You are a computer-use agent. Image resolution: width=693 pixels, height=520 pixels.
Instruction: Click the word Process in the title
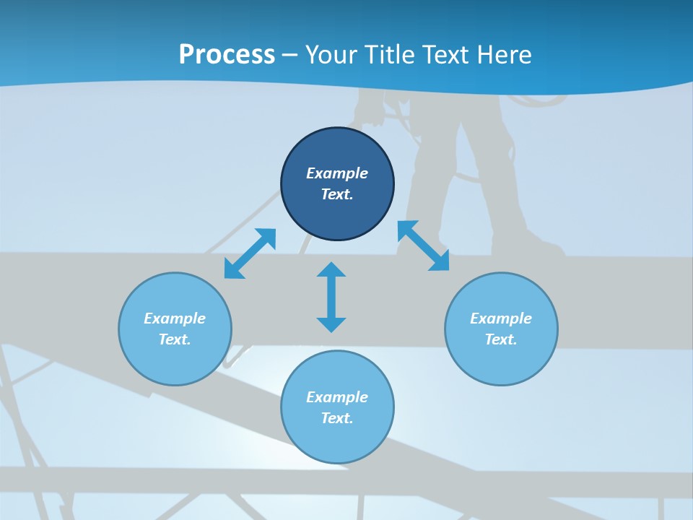tap(227, 55)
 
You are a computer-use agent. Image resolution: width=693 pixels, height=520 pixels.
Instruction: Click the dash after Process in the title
tap(289, 56)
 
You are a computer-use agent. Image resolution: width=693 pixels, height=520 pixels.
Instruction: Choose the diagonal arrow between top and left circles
tap(250, 253)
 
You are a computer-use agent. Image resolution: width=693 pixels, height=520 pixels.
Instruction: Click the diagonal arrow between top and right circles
tap(424, 246)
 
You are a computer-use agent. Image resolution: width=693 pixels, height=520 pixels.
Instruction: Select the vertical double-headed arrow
tap(331, 297)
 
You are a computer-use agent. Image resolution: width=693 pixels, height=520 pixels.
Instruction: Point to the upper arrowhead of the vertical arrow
tap(331, 270)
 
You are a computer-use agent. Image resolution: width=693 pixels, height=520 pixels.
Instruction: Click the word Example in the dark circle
tap(337, 173)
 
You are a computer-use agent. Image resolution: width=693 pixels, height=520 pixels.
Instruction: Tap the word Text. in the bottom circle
tap(337, 418)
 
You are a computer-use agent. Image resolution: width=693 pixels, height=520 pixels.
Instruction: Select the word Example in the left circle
tap(175, 318)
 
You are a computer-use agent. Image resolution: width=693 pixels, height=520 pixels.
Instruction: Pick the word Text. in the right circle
tap(501, 339)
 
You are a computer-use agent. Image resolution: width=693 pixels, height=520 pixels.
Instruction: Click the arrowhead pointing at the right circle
tap(440, 261)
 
